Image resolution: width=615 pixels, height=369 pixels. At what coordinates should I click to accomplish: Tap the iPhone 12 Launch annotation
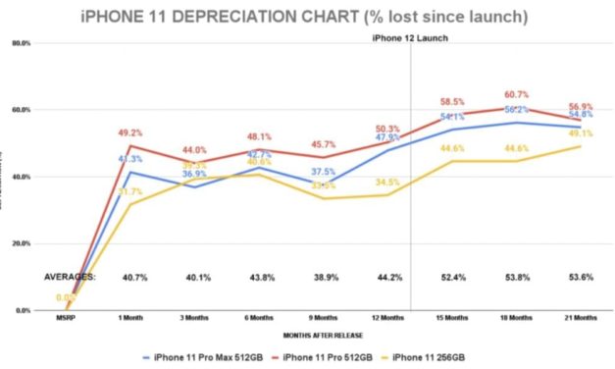tap(411, 38)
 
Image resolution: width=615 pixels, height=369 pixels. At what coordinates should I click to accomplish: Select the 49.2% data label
tap(131, 132)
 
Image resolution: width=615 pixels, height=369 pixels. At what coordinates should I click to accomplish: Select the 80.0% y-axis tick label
tap(20, 44)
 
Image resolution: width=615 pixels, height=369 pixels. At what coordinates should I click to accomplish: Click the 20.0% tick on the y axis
tap(20, 243)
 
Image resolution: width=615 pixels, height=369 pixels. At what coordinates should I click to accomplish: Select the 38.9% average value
tap(324, 278)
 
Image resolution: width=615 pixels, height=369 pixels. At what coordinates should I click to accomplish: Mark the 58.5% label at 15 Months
tap(452, 101)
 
